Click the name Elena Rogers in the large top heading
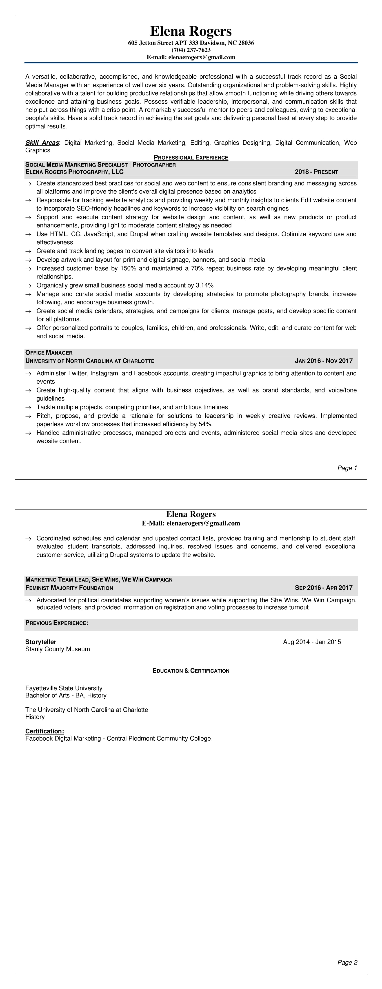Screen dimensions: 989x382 click(191, 31)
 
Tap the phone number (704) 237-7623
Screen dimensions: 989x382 click(191, 50)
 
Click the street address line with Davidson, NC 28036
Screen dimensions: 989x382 click(191, 43)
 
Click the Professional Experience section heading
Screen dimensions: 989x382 click(191, 157)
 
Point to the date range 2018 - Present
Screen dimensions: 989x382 click(316, 172)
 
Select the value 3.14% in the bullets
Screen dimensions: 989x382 click(205, 285)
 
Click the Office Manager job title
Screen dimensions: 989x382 click(49, 352)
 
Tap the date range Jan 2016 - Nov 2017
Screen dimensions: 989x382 click(324, 361)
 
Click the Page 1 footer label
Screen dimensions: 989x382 click(347, 468)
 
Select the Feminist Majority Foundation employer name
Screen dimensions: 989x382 click(69, 588)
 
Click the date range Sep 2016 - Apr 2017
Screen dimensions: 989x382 click(324, 588)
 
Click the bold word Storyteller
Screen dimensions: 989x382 click(41, 642)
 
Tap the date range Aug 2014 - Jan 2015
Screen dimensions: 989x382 click(312, 642)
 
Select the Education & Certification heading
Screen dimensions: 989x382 click(191, 671)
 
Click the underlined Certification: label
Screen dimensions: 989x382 click(44, 731)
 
